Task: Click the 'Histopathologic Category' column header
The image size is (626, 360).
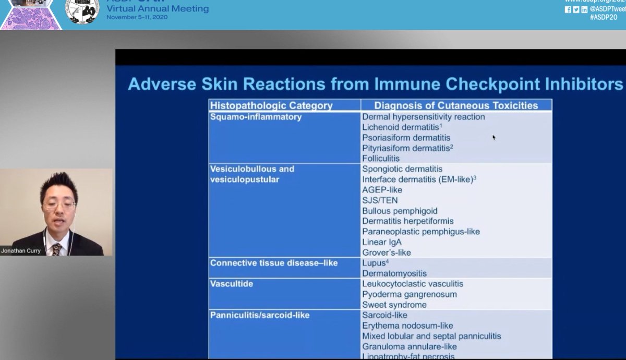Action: [271, 105]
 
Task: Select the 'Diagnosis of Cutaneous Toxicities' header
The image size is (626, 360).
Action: [456, 105]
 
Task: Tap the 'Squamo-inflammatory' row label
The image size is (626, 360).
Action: [256, 117]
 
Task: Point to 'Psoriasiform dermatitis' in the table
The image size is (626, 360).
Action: [406, 138]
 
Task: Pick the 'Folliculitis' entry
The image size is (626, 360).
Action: [381, 159]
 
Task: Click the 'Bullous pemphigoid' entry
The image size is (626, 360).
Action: [400, 211]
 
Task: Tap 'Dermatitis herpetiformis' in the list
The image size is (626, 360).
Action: [408, 221]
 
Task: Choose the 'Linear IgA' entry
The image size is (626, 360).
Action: [382, 242]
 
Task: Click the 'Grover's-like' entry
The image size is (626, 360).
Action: [387, 253]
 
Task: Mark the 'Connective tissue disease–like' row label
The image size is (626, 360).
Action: [274, 263]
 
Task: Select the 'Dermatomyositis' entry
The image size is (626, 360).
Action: [394, 273]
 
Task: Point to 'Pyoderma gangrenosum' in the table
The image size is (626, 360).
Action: [410, 294]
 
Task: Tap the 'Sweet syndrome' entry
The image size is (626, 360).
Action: [394, 305]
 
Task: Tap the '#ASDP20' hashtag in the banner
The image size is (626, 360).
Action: [604, 17]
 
